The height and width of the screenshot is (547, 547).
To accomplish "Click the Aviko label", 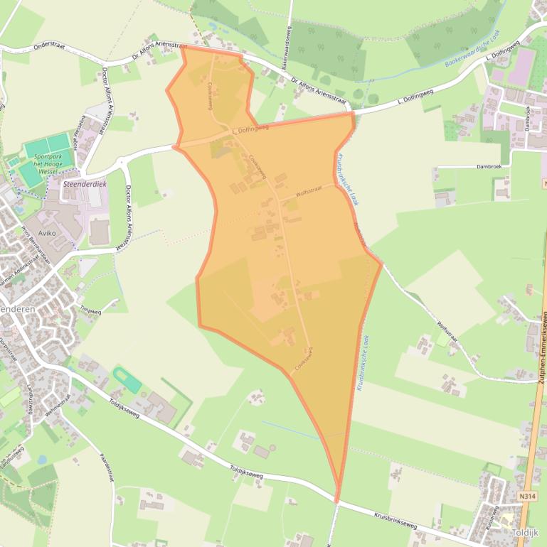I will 48,232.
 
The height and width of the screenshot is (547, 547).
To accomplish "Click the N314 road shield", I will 527,496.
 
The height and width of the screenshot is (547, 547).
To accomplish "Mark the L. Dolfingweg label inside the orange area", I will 250,128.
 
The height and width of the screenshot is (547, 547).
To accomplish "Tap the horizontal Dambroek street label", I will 489,166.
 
